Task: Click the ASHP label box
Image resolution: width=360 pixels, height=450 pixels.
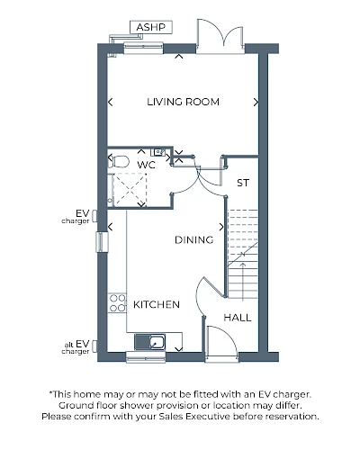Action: (x=151, y=27)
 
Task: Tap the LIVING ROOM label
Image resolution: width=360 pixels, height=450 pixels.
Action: (x=183, y=102)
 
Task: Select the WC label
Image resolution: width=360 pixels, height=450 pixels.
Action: (x=146, y=165)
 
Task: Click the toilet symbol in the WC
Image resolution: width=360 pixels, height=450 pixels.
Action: (x=119, y=162)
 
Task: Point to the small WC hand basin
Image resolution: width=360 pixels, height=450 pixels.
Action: (x=158, y=152)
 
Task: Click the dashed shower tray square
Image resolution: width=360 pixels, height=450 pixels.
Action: (x=130, y=189)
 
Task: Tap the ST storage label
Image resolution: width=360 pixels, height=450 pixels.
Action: (x=243, y=183)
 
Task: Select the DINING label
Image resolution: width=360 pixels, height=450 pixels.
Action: (x=194, y=240)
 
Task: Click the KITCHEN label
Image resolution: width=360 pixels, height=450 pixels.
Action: (x=157, y=304)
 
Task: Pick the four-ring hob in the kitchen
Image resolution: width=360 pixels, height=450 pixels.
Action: (x=117, y=303)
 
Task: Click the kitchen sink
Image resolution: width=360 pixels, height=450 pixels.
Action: (x=149, y=342)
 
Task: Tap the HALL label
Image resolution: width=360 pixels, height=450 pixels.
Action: (x=238, y=318)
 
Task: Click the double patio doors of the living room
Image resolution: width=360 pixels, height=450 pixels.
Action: (x=220, y=36)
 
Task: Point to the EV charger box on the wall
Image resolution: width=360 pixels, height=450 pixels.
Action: (x=94, y=216)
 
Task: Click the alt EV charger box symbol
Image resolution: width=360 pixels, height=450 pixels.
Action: (x=94, y=346)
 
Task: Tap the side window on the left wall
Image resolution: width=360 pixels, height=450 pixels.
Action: (x=102, y=242)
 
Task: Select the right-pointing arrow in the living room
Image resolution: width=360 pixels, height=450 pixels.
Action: (x=256, y=103)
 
